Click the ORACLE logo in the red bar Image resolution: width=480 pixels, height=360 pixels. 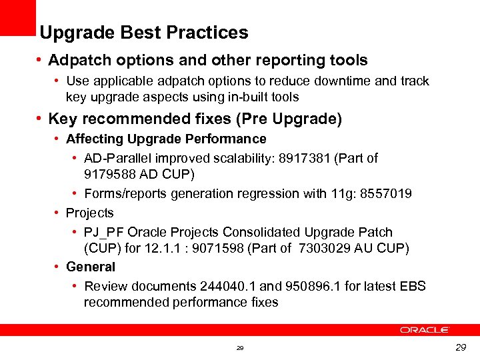(425, 330)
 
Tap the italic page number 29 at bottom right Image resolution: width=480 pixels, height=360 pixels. (460, 348)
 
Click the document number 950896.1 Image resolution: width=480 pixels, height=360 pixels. (313, 287)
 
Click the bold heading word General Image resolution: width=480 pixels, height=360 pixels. (91, 267)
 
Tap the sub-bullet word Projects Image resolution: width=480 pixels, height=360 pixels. (90, 213)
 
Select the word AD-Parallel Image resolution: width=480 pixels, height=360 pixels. (117, 159)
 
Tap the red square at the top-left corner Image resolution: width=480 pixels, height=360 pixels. (17, 17)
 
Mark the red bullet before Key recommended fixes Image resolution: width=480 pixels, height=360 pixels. (41, 119)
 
